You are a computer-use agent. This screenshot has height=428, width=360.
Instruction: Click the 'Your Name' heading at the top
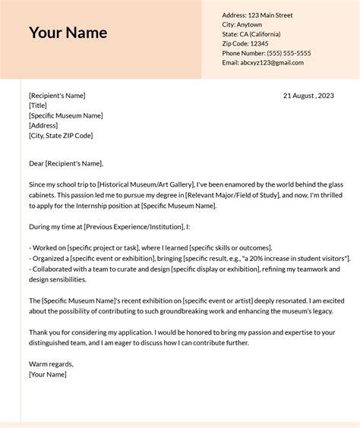(68, 33)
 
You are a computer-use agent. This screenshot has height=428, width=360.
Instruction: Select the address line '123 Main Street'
(270, 15)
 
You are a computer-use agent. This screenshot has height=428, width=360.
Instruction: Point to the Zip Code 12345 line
(245, 44)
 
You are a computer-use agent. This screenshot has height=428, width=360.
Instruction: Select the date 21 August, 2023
(308, 96)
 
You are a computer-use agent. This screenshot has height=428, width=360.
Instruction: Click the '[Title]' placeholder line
(37, 106)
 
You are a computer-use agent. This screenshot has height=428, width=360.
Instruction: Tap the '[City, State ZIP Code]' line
(61, 136)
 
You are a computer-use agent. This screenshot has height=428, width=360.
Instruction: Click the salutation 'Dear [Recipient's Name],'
(66, 163)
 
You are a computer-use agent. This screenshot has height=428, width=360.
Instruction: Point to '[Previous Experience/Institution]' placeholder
(132, 227)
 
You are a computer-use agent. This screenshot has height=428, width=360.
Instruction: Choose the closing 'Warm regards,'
(51, 364)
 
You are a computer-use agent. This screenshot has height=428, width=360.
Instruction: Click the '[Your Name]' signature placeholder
(48, 374)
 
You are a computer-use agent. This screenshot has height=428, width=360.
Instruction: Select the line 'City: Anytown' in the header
(242, 25)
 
